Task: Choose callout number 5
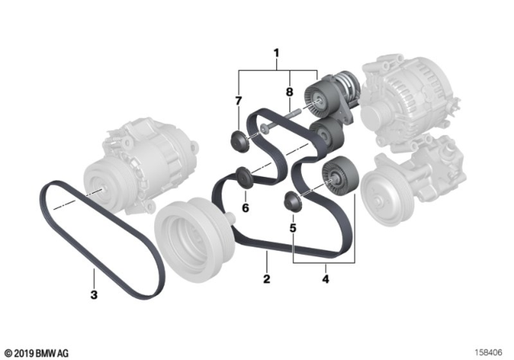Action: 293,228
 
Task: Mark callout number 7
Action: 239,100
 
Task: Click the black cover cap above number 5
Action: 293,202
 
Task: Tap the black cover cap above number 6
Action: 242,174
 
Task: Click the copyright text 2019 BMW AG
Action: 39,351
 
